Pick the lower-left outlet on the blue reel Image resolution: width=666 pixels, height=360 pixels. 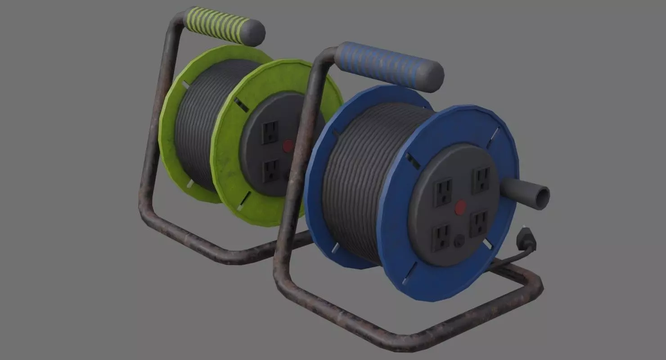click(440, 237)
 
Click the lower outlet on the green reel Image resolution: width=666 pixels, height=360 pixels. click(271, 171)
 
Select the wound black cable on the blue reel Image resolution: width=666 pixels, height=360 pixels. click(355, 180)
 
